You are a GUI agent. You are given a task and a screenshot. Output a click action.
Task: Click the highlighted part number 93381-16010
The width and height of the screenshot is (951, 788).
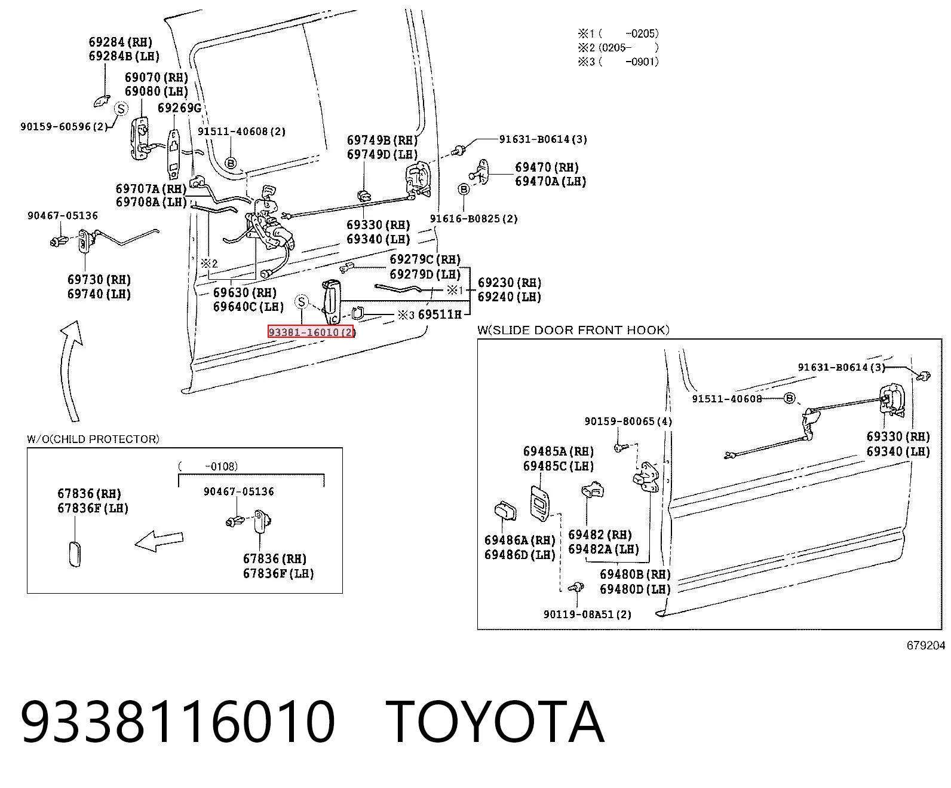[311, 332]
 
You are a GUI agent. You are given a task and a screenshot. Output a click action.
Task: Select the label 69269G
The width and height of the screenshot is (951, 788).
[179, 108]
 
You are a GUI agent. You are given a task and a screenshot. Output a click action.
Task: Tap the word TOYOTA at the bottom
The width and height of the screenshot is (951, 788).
[495, 722]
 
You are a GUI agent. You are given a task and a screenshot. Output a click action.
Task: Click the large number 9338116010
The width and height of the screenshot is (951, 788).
[177, 722]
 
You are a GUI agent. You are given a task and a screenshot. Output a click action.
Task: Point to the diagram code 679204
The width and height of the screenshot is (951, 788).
[925, 645]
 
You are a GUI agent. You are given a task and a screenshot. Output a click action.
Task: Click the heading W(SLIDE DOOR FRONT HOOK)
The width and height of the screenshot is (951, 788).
[573, 329]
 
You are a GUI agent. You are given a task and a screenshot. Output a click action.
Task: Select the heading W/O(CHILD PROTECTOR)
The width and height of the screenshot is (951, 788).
[93, 439]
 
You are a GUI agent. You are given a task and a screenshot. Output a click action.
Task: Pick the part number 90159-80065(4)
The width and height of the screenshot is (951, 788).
[628, 421]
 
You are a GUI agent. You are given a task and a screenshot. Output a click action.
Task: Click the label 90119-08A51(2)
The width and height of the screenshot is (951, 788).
[588, 614]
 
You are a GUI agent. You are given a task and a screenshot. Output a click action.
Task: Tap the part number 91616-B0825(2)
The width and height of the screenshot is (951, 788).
[474, 218]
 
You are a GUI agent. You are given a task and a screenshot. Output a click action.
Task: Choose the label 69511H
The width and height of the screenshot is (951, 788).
[440, 314]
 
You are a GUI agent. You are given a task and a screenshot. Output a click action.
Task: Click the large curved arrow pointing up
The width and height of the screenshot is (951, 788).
[70, 369]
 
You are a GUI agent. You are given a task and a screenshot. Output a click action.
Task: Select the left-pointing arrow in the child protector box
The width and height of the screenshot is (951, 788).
[159, 540]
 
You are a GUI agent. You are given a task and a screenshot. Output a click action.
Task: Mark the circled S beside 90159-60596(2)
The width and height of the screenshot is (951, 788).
[121, 109]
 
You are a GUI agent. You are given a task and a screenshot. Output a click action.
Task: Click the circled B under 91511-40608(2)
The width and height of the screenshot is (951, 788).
[231, 163]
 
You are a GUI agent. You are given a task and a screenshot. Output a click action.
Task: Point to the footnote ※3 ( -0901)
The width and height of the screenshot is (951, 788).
[618, 61]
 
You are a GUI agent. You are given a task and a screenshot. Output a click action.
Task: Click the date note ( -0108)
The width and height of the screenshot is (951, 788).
[208, 466]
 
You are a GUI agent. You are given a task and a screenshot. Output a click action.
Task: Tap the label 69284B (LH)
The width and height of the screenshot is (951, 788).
[124, 56]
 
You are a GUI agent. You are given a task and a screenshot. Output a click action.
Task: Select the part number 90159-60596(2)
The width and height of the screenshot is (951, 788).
[64, 126]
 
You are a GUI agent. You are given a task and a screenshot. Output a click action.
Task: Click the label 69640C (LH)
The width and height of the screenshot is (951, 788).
[249, 306]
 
